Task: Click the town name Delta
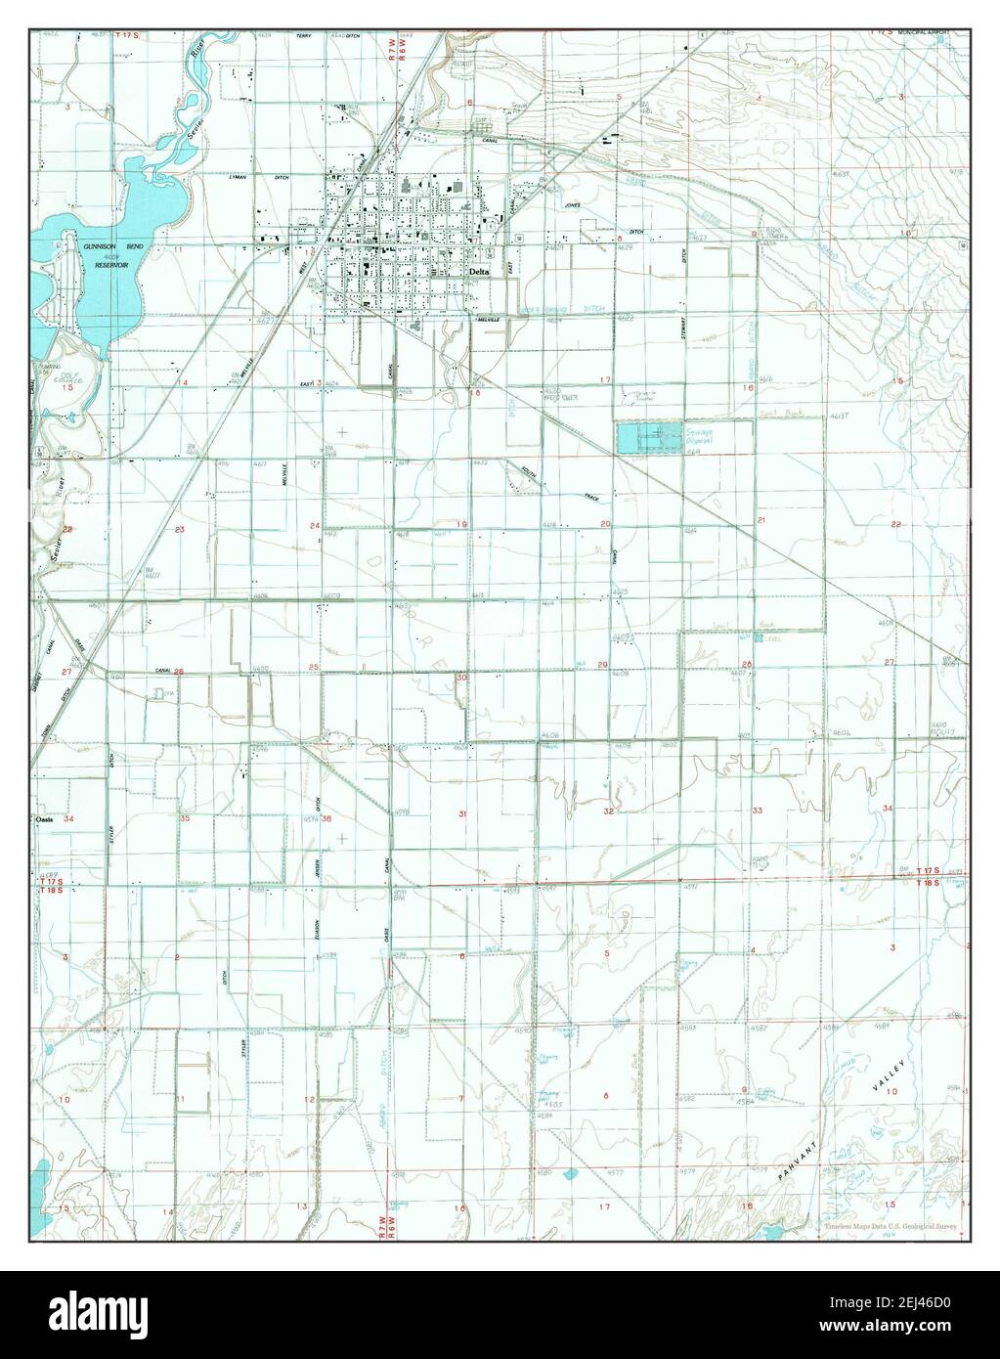(479, 272)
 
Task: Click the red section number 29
(603, 665)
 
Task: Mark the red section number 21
(761, 521)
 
